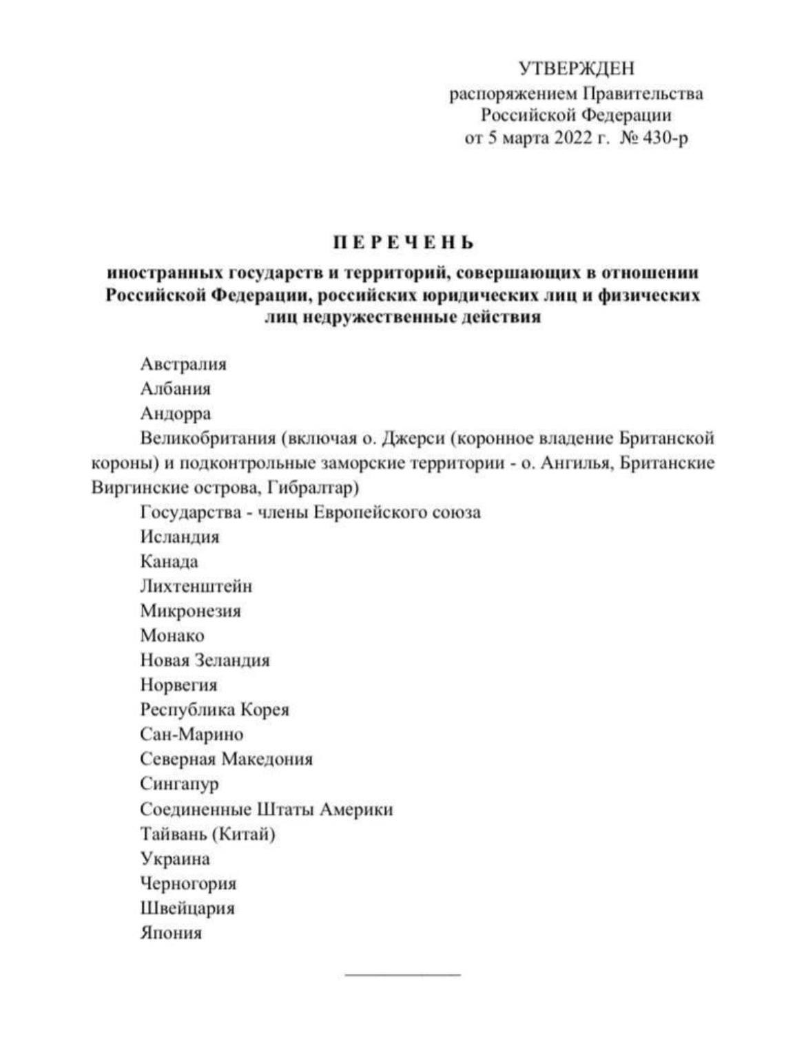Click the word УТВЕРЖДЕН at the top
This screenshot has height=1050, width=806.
coord(576,68)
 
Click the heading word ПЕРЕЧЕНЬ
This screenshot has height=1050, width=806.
coord(404,243)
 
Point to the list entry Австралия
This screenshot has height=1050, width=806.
coord(183,364)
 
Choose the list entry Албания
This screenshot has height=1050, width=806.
coord(176,388)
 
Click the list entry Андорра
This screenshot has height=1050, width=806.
coord(176,413)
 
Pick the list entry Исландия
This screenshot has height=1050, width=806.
coord(180,536)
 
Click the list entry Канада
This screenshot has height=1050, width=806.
coord(169,561)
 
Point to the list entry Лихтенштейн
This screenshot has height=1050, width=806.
coord(196,586)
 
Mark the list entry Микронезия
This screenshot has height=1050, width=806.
coord(191,611)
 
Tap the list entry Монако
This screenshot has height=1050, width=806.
coord(172,636)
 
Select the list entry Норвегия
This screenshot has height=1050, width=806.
coord(178,685)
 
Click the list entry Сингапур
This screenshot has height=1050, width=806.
coord(179,784)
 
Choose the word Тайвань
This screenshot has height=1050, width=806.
coord(173,834)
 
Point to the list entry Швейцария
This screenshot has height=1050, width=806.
coord(187,908)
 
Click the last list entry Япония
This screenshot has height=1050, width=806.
coord(171,933)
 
